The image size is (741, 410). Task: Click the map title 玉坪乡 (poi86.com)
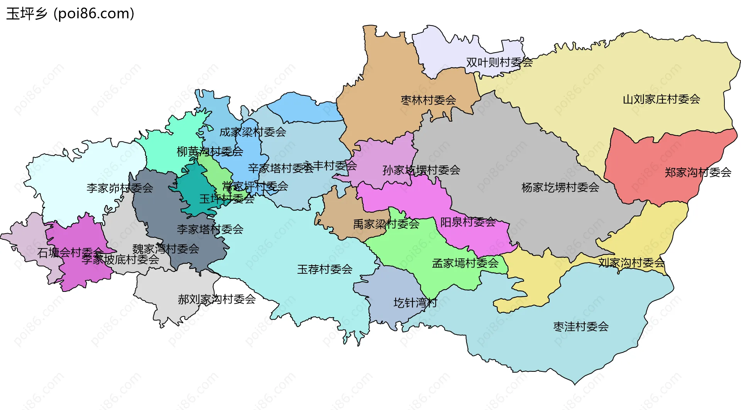[x=70, y=14]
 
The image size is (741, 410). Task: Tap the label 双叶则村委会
[x=499, y=62]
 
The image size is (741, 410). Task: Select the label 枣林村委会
[x=428, y=100]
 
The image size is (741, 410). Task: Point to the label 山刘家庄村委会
[x=661, y=99]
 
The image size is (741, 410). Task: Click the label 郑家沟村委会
[x=698, y=172]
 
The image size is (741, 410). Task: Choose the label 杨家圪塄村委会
[x=560, y=188]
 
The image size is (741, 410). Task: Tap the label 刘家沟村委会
[x=631, y=263]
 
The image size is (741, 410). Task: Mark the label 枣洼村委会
[x=581, y=327]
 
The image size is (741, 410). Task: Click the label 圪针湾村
[x=415, y=303]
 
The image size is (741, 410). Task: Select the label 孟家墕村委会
[x=465, y=263]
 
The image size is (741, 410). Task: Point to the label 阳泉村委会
[x=468, y=222]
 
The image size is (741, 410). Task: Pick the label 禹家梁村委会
[x=386, y=224]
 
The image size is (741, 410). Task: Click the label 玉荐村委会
[x=325, y=269]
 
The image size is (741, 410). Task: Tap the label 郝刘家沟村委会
[x=217, y=299]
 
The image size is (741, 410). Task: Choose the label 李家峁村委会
[x=120, y=188]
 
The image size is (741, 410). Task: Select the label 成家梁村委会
[x=252, y=132]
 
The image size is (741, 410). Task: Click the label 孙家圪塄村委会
[x=421, y=170]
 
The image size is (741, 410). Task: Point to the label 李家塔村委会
[x=210, y=229]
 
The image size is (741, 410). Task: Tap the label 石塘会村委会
[x=70, y=252]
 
